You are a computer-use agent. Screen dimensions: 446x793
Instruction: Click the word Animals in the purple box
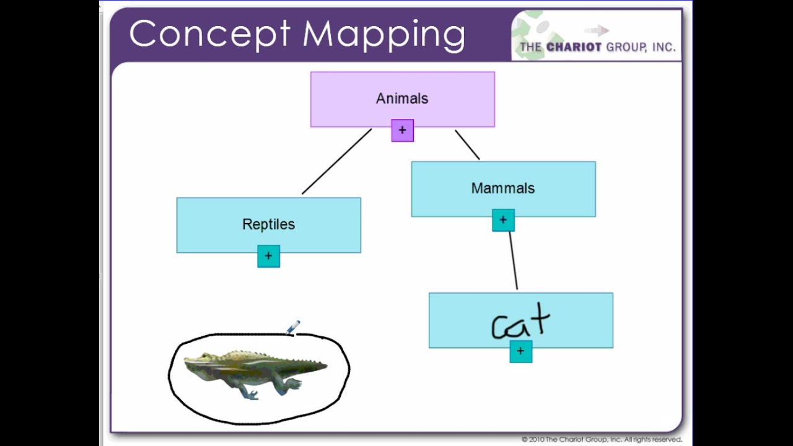[401, 98]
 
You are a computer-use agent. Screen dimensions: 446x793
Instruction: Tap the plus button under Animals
[402, 131]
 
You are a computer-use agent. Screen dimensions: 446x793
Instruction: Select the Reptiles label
[268, 224]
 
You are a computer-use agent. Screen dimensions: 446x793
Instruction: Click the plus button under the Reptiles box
[268, 256]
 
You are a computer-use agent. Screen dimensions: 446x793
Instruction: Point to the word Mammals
[502, 188]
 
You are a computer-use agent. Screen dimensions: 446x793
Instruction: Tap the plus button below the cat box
[520, 351]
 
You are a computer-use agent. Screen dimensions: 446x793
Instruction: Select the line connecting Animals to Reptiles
[336, 162]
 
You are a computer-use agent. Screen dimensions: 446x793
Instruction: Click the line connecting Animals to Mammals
[467, 144]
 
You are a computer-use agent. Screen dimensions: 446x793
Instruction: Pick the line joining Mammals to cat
[513, 260]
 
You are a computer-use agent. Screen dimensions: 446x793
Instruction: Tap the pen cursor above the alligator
[293, 326]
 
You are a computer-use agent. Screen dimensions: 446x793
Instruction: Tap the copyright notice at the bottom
[602, 440]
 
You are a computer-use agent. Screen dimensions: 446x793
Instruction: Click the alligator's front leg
[249, 391]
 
